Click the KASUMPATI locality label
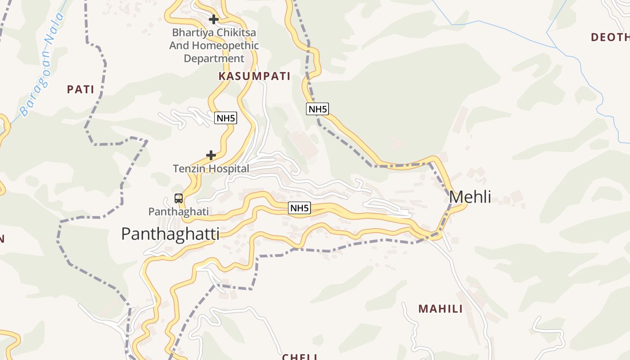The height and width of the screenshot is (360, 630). click(x=254, y=76)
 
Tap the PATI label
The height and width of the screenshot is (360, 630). click(x=81, y=89)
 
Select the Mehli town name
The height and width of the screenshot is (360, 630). click(x=470, y=197)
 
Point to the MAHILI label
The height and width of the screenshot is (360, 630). click(x=441, y=309)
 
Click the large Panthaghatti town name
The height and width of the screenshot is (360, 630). click(x=171, y=234)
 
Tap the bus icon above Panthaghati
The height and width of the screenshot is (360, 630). click(x=179, y=198)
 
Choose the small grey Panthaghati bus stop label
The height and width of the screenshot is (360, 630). click(x=179, y=211)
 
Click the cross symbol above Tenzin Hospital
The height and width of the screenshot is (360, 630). click(x=211, y=156)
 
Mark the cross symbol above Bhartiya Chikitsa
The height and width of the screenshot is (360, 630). click(x=214, y=19)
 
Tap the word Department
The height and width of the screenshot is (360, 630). click(x=214, y=58)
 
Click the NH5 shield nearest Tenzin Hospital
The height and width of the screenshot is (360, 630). click(x=225, y=118)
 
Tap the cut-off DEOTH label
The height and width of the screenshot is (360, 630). click(x=610, y=37)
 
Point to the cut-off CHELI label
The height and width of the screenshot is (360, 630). click(x=300, y=356)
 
